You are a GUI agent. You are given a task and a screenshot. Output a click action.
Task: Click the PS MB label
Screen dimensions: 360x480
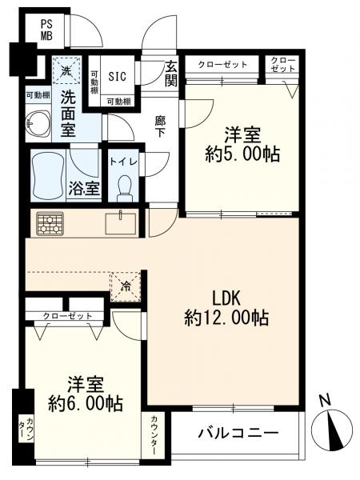47,30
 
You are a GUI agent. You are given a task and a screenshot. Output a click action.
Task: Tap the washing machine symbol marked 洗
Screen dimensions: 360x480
66,70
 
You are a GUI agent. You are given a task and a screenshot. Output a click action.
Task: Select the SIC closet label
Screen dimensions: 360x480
118,76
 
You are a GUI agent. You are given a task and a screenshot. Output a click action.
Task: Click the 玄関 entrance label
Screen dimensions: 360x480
171,73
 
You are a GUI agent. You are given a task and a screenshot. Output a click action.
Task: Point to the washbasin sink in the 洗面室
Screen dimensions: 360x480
38,123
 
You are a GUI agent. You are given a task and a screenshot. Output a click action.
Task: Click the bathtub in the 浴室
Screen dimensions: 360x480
48,174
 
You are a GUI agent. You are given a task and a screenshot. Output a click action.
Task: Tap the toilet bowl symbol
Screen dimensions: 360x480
124,187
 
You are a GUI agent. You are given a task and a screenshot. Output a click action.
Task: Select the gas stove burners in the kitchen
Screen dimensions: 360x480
50,223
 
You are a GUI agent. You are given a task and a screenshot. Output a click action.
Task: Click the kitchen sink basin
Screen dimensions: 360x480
121,223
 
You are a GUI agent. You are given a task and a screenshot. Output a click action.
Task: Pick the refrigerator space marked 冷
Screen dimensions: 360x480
126,286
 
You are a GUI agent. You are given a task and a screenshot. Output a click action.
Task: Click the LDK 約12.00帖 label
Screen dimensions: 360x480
226,309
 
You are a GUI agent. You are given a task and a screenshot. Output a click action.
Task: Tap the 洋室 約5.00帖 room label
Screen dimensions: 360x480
242,145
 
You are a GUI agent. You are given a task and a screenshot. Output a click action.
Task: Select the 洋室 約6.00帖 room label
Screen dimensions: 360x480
86,394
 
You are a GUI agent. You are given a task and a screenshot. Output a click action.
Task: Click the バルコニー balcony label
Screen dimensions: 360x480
238,433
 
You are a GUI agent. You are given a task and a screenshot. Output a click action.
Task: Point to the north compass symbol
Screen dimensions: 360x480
332,426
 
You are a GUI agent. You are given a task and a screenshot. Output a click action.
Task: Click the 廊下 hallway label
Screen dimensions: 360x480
160,126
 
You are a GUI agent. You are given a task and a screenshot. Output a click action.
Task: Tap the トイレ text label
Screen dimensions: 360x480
123,162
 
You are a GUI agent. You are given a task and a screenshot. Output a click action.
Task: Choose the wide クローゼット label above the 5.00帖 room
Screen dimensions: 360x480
222,65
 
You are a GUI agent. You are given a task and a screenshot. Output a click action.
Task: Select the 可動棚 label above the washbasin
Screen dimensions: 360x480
38,95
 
